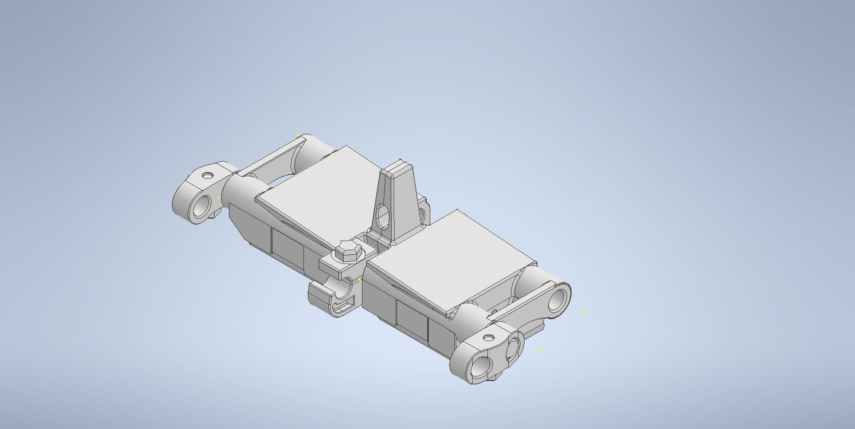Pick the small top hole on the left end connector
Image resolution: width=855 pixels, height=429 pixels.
click(207, 175)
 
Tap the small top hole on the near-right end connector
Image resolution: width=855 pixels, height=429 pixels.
click(489, 338)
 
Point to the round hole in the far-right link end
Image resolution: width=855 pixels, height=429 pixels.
click(557, 300)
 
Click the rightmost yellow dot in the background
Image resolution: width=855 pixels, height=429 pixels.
click(582, 312)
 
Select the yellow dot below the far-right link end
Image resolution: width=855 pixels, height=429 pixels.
click(541, 350)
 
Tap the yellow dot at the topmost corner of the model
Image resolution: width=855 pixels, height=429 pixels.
click(298, 135)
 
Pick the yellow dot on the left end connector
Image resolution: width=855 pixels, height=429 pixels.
click(218, 198)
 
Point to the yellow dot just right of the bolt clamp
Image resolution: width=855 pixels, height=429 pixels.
click(360, 279)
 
